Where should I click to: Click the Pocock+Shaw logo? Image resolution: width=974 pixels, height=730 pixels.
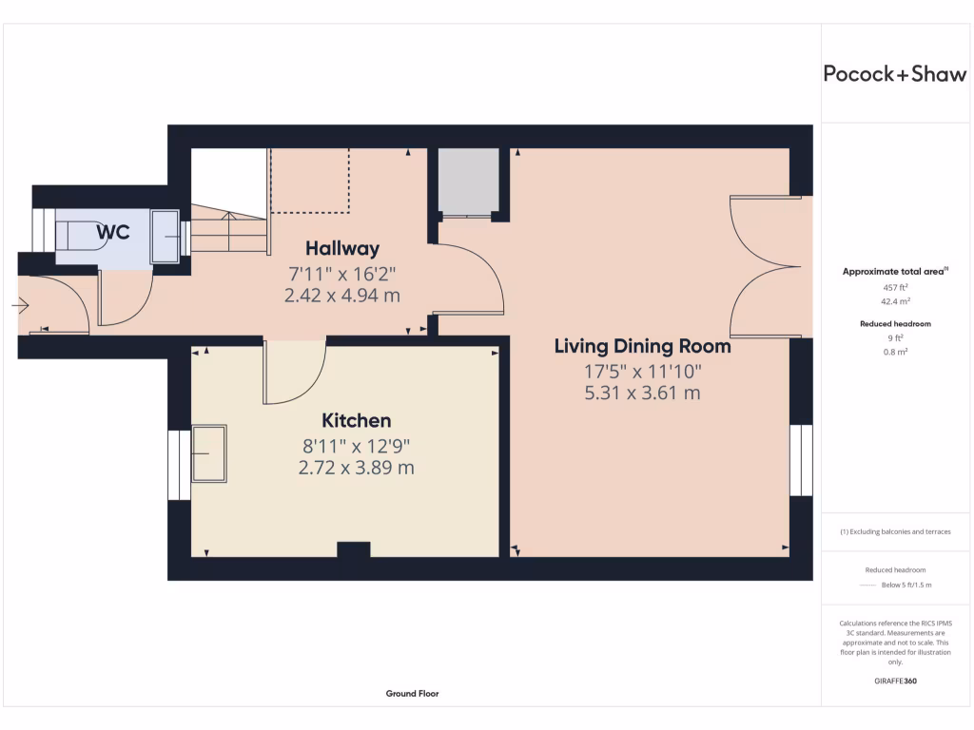click(x=894, y=74)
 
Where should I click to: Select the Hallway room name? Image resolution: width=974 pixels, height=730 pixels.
click(x=341, y=249)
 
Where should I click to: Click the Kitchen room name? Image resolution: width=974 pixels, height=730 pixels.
click(x=356, y=420)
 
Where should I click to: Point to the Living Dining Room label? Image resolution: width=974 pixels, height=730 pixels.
click(x=642, y=346)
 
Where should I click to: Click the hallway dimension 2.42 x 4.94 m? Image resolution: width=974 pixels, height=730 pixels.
click(x=341, y=296)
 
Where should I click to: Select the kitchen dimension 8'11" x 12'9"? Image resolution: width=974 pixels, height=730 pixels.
click(x=356, y=444)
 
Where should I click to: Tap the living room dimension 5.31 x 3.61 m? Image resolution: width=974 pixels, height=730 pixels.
click(x=642, y=393)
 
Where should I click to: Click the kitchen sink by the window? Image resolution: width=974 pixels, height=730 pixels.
click(x=209, y=453)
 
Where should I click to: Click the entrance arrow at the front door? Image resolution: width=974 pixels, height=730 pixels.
click(x=21, y=305)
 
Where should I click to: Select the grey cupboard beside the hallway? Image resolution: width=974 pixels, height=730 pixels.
click(x=467, y=181)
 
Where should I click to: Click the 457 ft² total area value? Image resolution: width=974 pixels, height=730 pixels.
click(x=894, y=286)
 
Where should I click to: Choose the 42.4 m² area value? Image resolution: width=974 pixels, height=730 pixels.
click(x=894, y=299)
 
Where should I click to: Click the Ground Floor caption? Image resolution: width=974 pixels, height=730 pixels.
click(x=412, y=694)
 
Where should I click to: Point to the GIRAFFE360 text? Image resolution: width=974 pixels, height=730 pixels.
click(x=894, y=681)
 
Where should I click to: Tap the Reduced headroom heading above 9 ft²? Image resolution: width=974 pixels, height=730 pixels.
click(x=894, y=324)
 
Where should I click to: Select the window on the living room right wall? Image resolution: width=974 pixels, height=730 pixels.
click(x=801, y=460)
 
